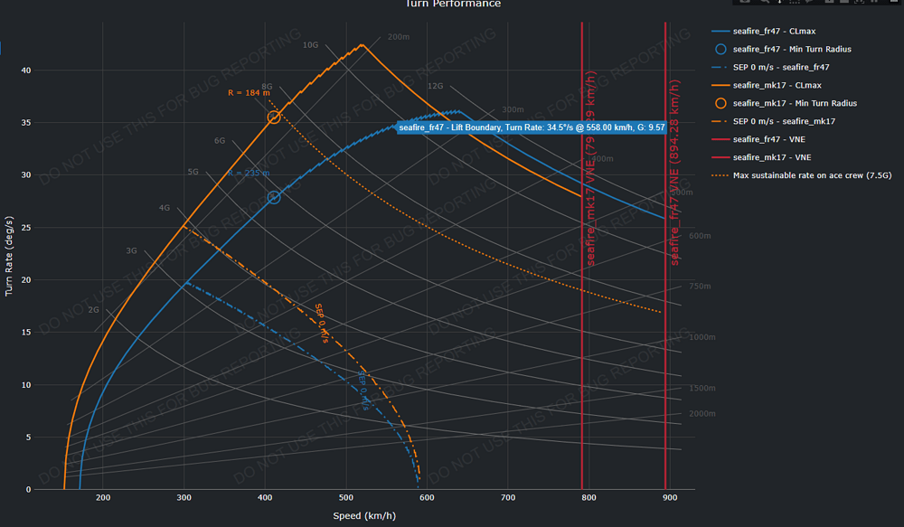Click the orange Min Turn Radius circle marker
[x=274, y=117]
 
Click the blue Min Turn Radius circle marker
[x=274, y=197]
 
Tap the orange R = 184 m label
[x=249, y=93]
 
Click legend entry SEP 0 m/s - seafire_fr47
[x=781, y=67]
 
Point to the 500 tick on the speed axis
[x=346, y=498]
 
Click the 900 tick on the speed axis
[x=670, y=498]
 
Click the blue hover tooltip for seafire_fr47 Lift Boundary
[x=532, y=128]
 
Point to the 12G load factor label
[x=435, y=87]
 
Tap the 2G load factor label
[x=93, y=310]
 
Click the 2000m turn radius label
[x=702, y=413]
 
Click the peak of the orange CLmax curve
[x=363, y=44]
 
